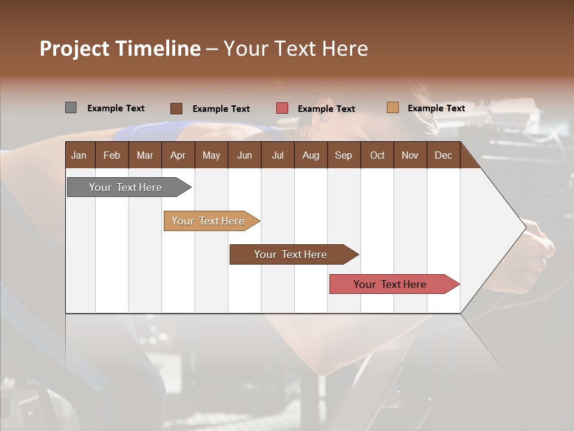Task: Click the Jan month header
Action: pyautogui.click(x=80, y=155)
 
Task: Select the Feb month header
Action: pyautogui.click(x=112, y=155)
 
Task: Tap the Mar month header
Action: pyautogui.click(x=145, y=155)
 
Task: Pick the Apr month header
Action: pyautogui.click(x=178, y=155)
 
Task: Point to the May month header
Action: pyautogui.click(x=211, y=155)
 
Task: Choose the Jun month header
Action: pyautogui.click(x=245, y=155)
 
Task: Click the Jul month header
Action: pyautogui.click(x=277, y=155)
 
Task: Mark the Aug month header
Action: pyautogui.click(x=310, y=155)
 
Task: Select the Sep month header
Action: pyautogui.click(x=343, y=155)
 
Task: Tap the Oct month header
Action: pyautogui.click(x=377, y=155)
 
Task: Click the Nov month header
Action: pyautogui.click(x=410, y=155)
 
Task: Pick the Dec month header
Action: pyautogui.click(x=443, y=155)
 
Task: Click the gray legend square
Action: pyautogui.click(x=71, y=108)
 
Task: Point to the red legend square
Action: pyautogui.click(x=282, y=108)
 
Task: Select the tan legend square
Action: pyautogui.click(x=392, y=108)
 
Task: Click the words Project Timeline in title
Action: pyautogui.click(x=120, y=48)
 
